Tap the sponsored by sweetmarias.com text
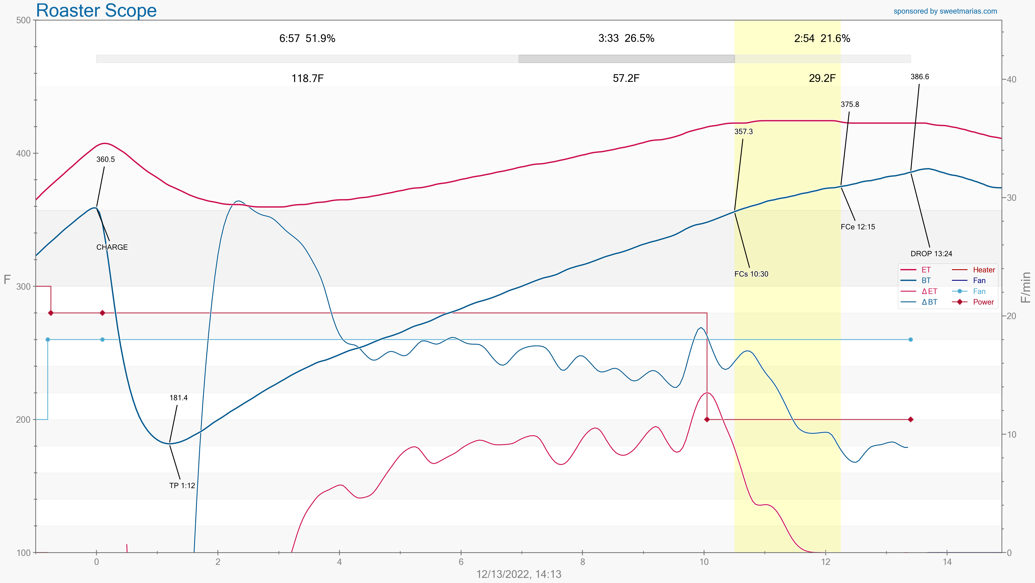pos(945,11)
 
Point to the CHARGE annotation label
pos(112,247)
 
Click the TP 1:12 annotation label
pos(182,486)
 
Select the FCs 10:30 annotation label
pos(751,274)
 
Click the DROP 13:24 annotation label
pos(931,254)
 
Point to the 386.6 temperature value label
pos(919,77)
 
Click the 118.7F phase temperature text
pos(307,78)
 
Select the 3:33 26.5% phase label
pos(626,39)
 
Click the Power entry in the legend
pos(983,302)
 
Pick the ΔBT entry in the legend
pos(929,302)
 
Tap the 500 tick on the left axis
pos(23,20)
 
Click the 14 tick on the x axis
pos(947,562)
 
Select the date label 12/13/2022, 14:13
pos(519,574)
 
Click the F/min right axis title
pos(1026,287)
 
